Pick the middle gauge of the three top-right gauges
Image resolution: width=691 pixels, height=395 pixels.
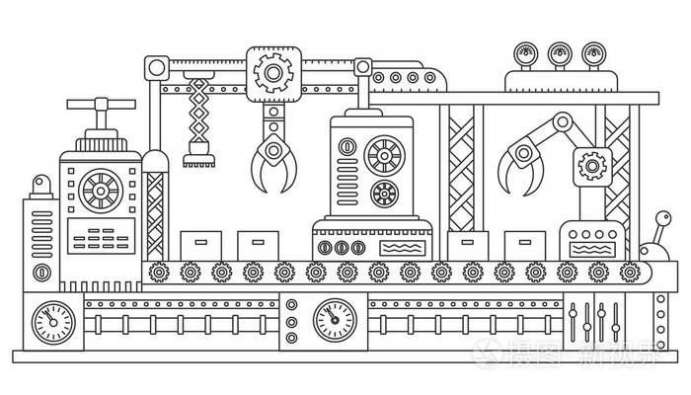click(561, 53)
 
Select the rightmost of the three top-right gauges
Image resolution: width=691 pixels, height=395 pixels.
click(593, 53)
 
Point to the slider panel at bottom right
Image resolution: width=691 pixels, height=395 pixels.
click(595, 318)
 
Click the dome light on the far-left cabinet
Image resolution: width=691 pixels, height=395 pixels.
click(39, 185)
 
